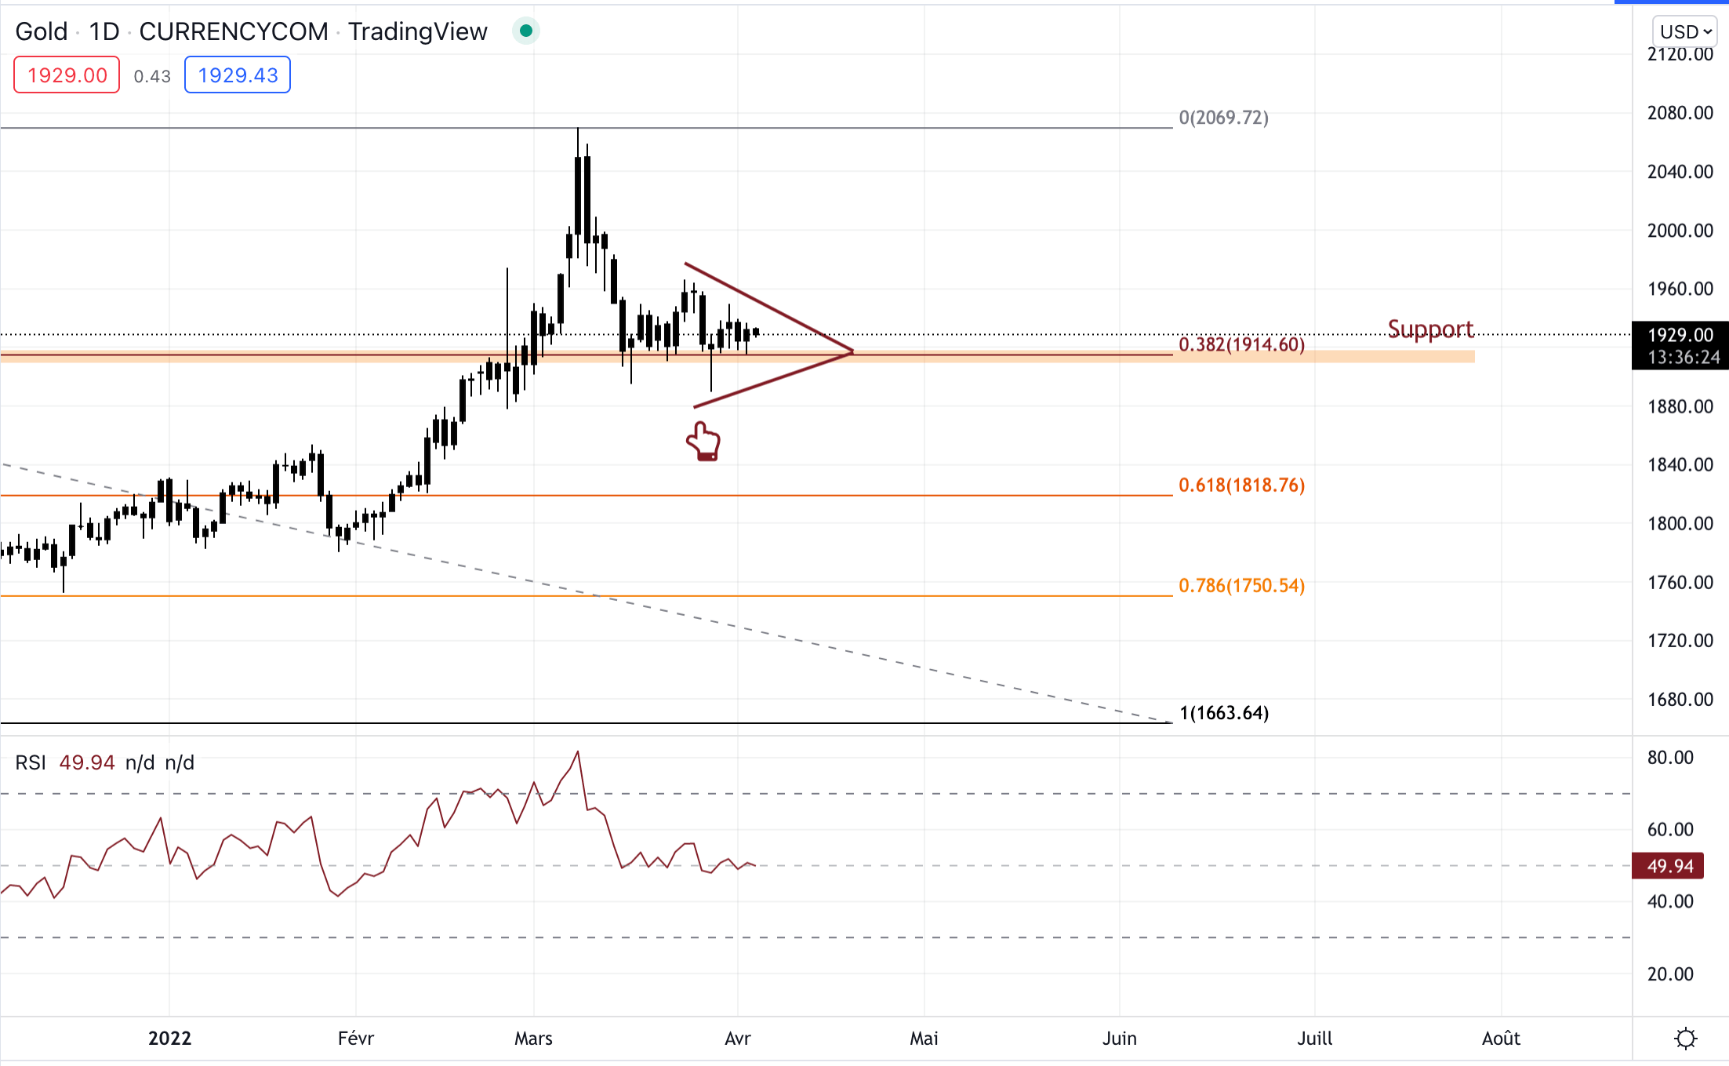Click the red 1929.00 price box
[x=67, y=75]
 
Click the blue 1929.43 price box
[x=238, y=75]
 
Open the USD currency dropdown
[x=1685, y=31]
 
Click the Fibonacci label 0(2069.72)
[x=1223, y=118]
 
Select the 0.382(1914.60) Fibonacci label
[x=1241, y=344]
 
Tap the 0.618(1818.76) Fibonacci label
[x=1241, y=485]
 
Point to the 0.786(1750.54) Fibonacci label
[x=1241, y=585]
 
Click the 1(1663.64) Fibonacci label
[x=1224, y=712]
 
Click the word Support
[x=1430, y=329]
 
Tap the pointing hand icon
[x=703, y=441]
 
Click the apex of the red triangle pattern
[x=852, y=351]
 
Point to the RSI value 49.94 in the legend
[x=87, y=762]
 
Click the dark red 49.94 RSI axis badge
[x=1670, y=866]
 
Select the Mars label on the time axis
[x=533, y=1039]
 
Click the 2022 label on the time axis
[x=169, y=1039]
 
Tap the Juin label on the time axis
[x=1119, y=1039]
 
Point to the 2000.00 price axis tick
[x=1680, y=231]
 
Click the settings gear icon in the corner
[x=1685, y=1039]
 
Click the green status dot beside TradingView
[x=526, y=31]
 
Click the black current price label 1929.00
[x=1680, y=336]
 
